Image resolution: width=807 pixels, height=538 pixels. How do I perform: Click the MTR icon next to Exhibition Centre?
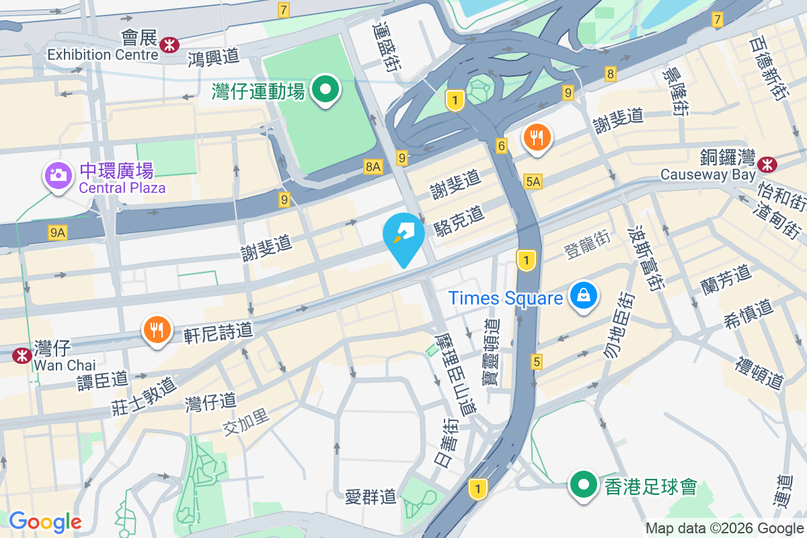[169, 45]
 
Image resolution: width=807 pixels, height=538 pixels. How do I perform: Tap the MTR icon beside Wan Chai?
[22, 355]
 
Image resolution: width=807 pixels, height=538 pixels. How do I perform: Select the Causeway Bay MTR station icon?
[766, 164]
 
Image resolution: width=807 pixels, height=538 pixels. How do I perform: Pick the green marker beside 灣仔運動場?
[326, 89]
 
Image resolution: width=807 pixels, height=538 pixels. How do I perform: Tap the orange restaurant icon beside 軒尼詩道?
[156, 330]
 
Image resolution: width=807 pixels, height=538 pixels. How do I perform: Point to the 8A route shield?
[373, 167]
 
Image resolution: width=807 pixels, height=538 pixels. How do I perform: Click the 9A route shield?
[58, 233]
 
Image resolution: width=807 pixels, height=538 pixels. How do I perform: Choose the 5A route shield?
[533, 181]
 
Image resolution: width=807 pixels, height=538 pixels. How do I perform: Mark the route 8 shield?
[610, 74]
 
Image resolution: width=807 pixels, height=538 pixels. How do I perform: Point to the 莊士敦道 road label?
[145, 396]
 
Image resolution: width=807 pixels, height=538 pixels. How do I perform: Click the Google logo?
[45, 522]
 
